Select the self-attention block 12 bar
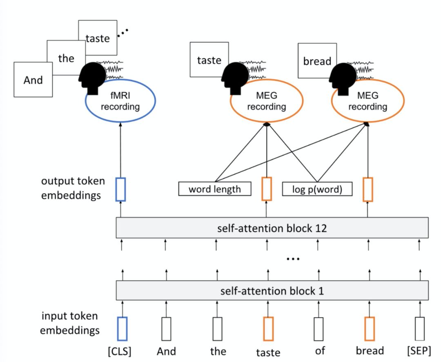(272, 228)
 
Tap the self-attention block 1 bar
(272, 291)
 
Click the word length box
(215, 189)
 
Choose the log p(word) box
(317, 189)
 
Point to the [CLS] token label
(122, 351)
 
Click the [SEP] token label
(419, 351)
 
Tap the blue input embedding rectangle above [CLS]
(122, 329)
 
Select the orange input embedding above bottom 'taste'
(268, 329)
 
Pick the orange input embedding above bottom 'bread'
(370, 329)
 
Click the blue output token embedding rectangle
(120, 189)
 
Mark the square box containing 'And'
(33, 80)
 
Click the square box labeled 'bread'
(316, 61)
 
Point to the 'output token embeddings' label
(73, 188)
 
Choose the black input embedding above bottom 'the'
(217, 329)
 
